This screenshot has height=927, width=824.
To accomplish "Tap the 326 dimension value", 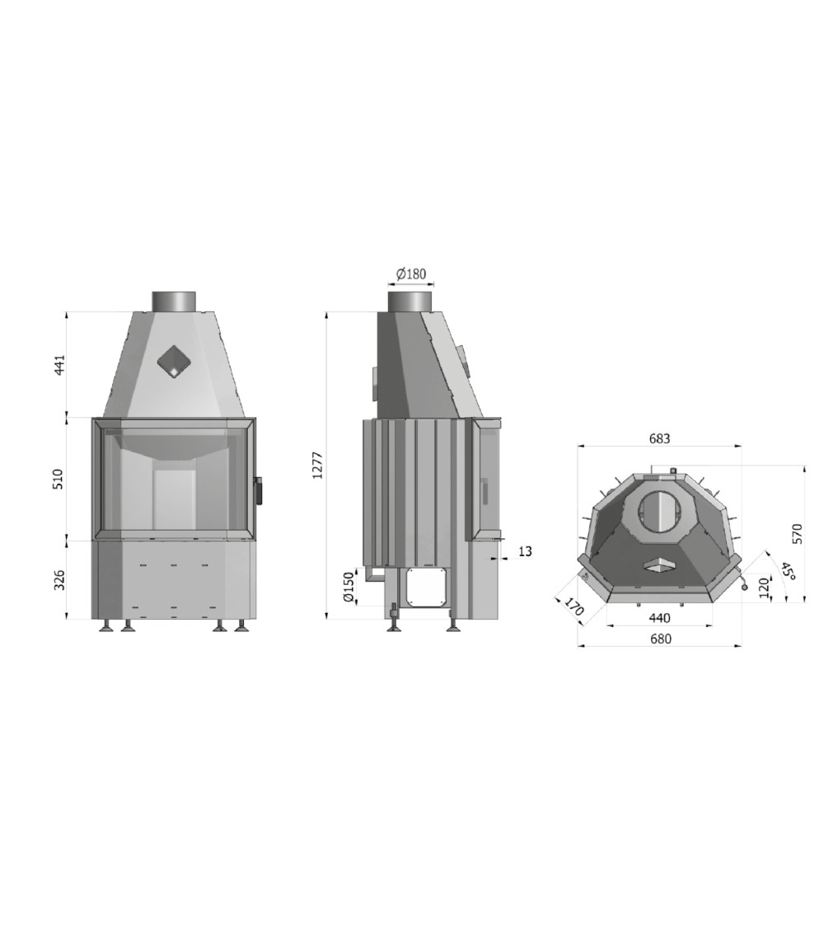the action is [x=59, y=580].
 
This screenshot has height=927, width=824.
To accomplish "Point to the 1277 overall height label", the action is [x=318, y=465].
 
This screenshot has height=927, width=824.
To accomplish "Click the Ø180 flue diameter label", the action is [x=411, y=274].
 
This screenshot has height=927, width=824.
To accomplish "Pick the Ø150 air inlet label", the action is [x=349, y=587].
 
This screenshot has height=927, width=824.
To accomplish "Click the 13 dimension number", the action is [x=525, y=551].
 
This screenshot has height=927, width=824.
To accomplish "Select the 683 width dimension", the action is [x=660, y=438].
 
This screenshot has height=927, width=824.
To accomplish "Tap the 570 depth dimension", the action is [x=798, y=534].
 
